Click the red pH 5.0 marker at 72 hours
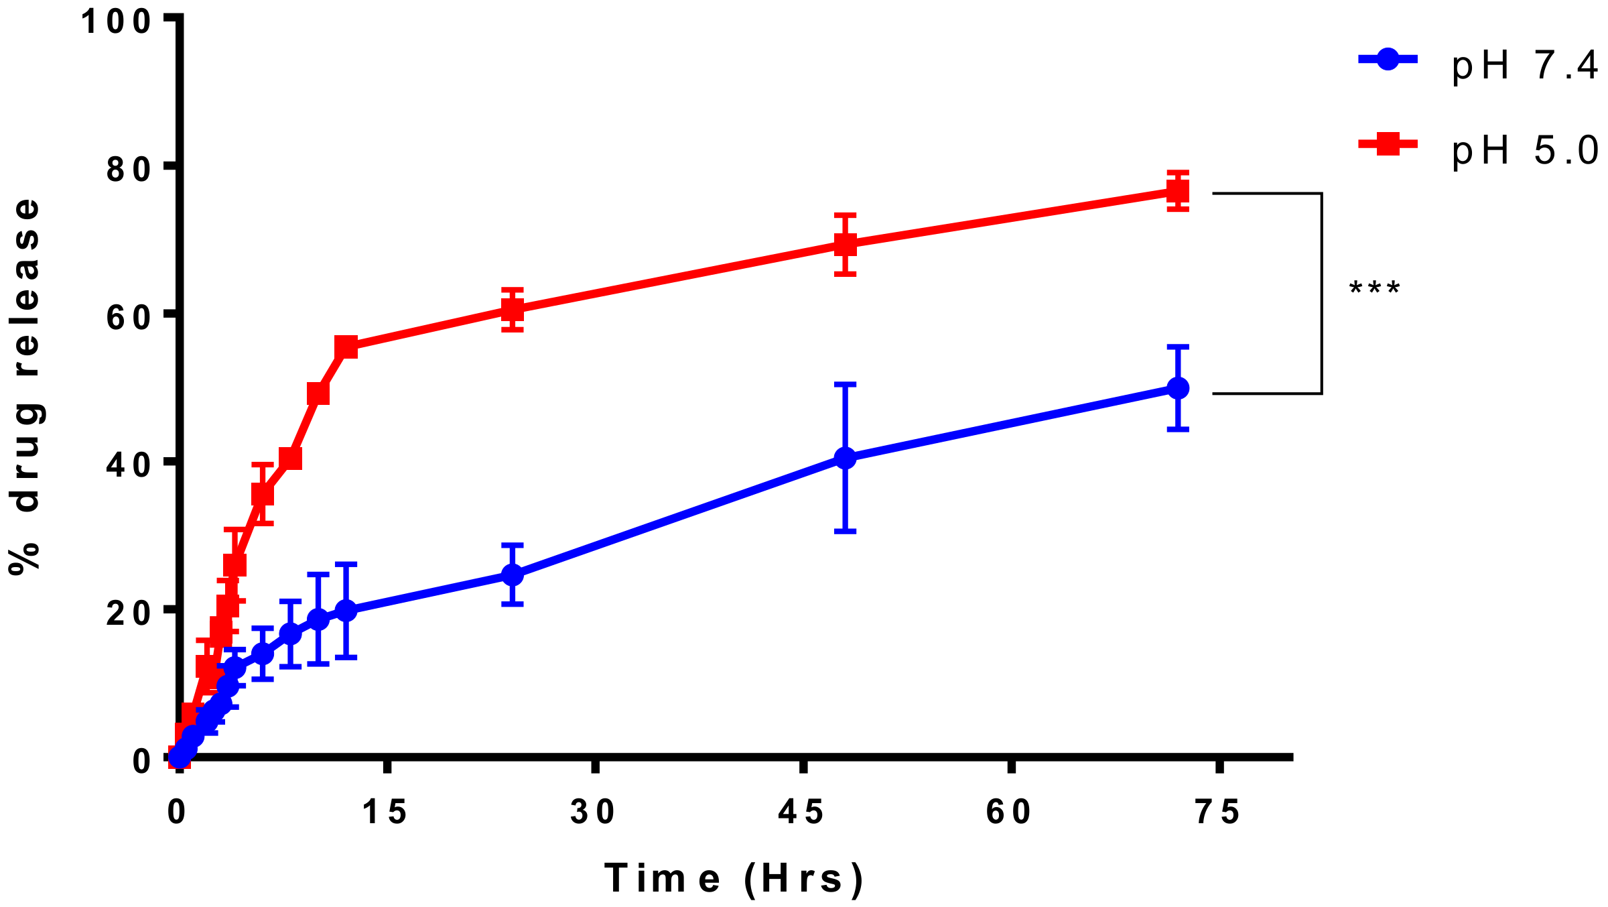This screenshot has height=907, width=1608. point(1177,192)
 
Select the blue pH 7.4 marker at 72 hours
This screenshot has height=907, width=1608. point(1177,388)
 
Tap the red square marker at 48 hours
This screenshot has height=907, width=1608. point(846,245)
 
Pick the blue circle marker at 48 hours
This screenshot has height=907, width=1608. point(846,459)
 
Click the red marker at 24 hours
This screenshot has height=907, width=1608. point(512,310)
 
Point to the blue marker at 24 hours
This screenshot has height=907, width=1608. point(512,575)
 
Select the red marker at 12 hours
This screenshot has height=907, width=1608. point(346,347)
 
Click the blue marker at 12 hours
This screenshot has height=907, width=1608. point(346,611)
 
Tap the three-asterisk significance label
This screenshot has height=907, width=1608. point(1374,290)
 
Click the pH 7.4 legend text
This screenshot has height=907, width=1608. point(1525,67)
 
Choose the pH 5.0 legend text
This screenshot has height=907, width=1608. point(1525,151)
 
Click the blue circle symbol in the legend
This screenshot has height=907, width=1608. point(1388,60)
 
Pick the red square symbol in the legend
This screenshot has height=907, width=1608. point(1388,143)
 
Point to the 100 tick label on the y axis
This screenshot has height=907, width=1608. point(116,21)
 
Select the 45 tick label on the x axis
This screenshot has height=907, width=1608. point(802,812)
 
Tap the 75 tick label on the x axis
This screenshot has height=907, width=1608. point(1218,812)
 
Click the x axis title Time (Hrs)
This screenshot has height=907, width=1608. point(734,878)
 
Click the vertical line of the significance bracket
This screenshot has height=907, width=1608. point(1321,294)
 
